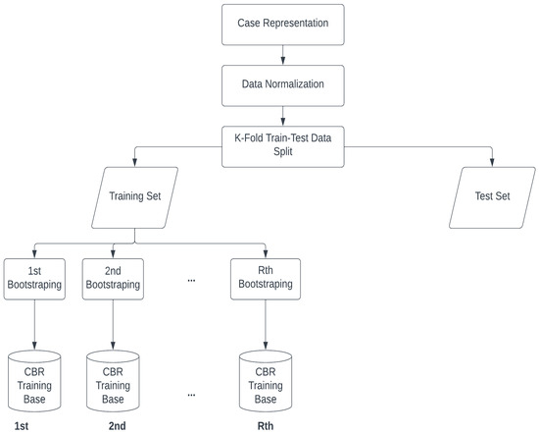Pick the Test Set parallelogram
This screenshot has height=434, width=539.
493,195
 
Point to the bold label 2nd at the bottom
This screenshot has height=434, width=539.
118,424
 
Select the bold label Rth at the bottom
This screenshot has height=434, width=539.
264,424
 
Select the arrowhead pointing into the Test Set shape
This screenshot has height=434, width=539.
493,166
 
